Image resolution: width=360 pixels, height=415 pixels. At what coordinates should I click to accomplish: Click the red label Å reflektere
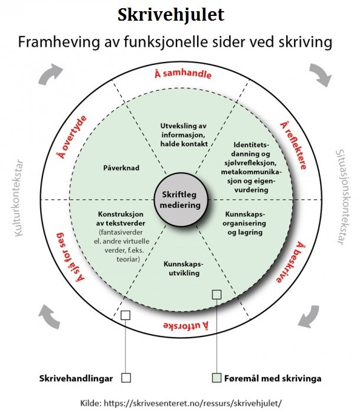click(294, 145)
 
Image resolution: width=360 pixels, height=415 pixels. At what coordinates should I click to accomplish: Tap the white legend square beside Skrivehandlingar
click(125, 378)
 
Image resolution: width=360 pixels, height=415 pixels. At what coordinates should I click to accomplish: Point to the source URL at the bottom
click(180, 404)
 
